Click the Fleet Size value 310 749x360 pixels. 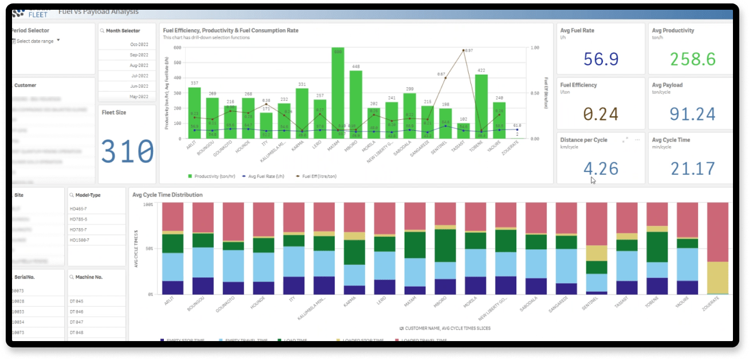pos(127,152)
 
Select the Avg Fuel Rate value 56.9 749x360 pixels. pos(601,59)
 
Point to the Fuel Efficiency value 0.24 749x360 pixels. pos(601,114)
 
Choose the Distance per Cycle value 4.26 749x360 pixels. pos(601,169)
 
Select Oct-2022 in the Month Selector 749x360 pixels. pos(139,45)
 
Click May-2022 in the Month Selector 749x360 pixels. pos(139,96)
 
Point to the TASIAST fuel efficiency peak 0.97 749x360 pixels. pos(463,50)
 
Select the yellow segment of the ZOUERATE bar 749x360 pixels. pos(717,277)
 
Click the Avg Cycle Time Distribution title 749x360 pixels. pos(167,195)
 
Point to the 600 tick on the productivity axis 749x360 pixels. pos(178,48)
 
